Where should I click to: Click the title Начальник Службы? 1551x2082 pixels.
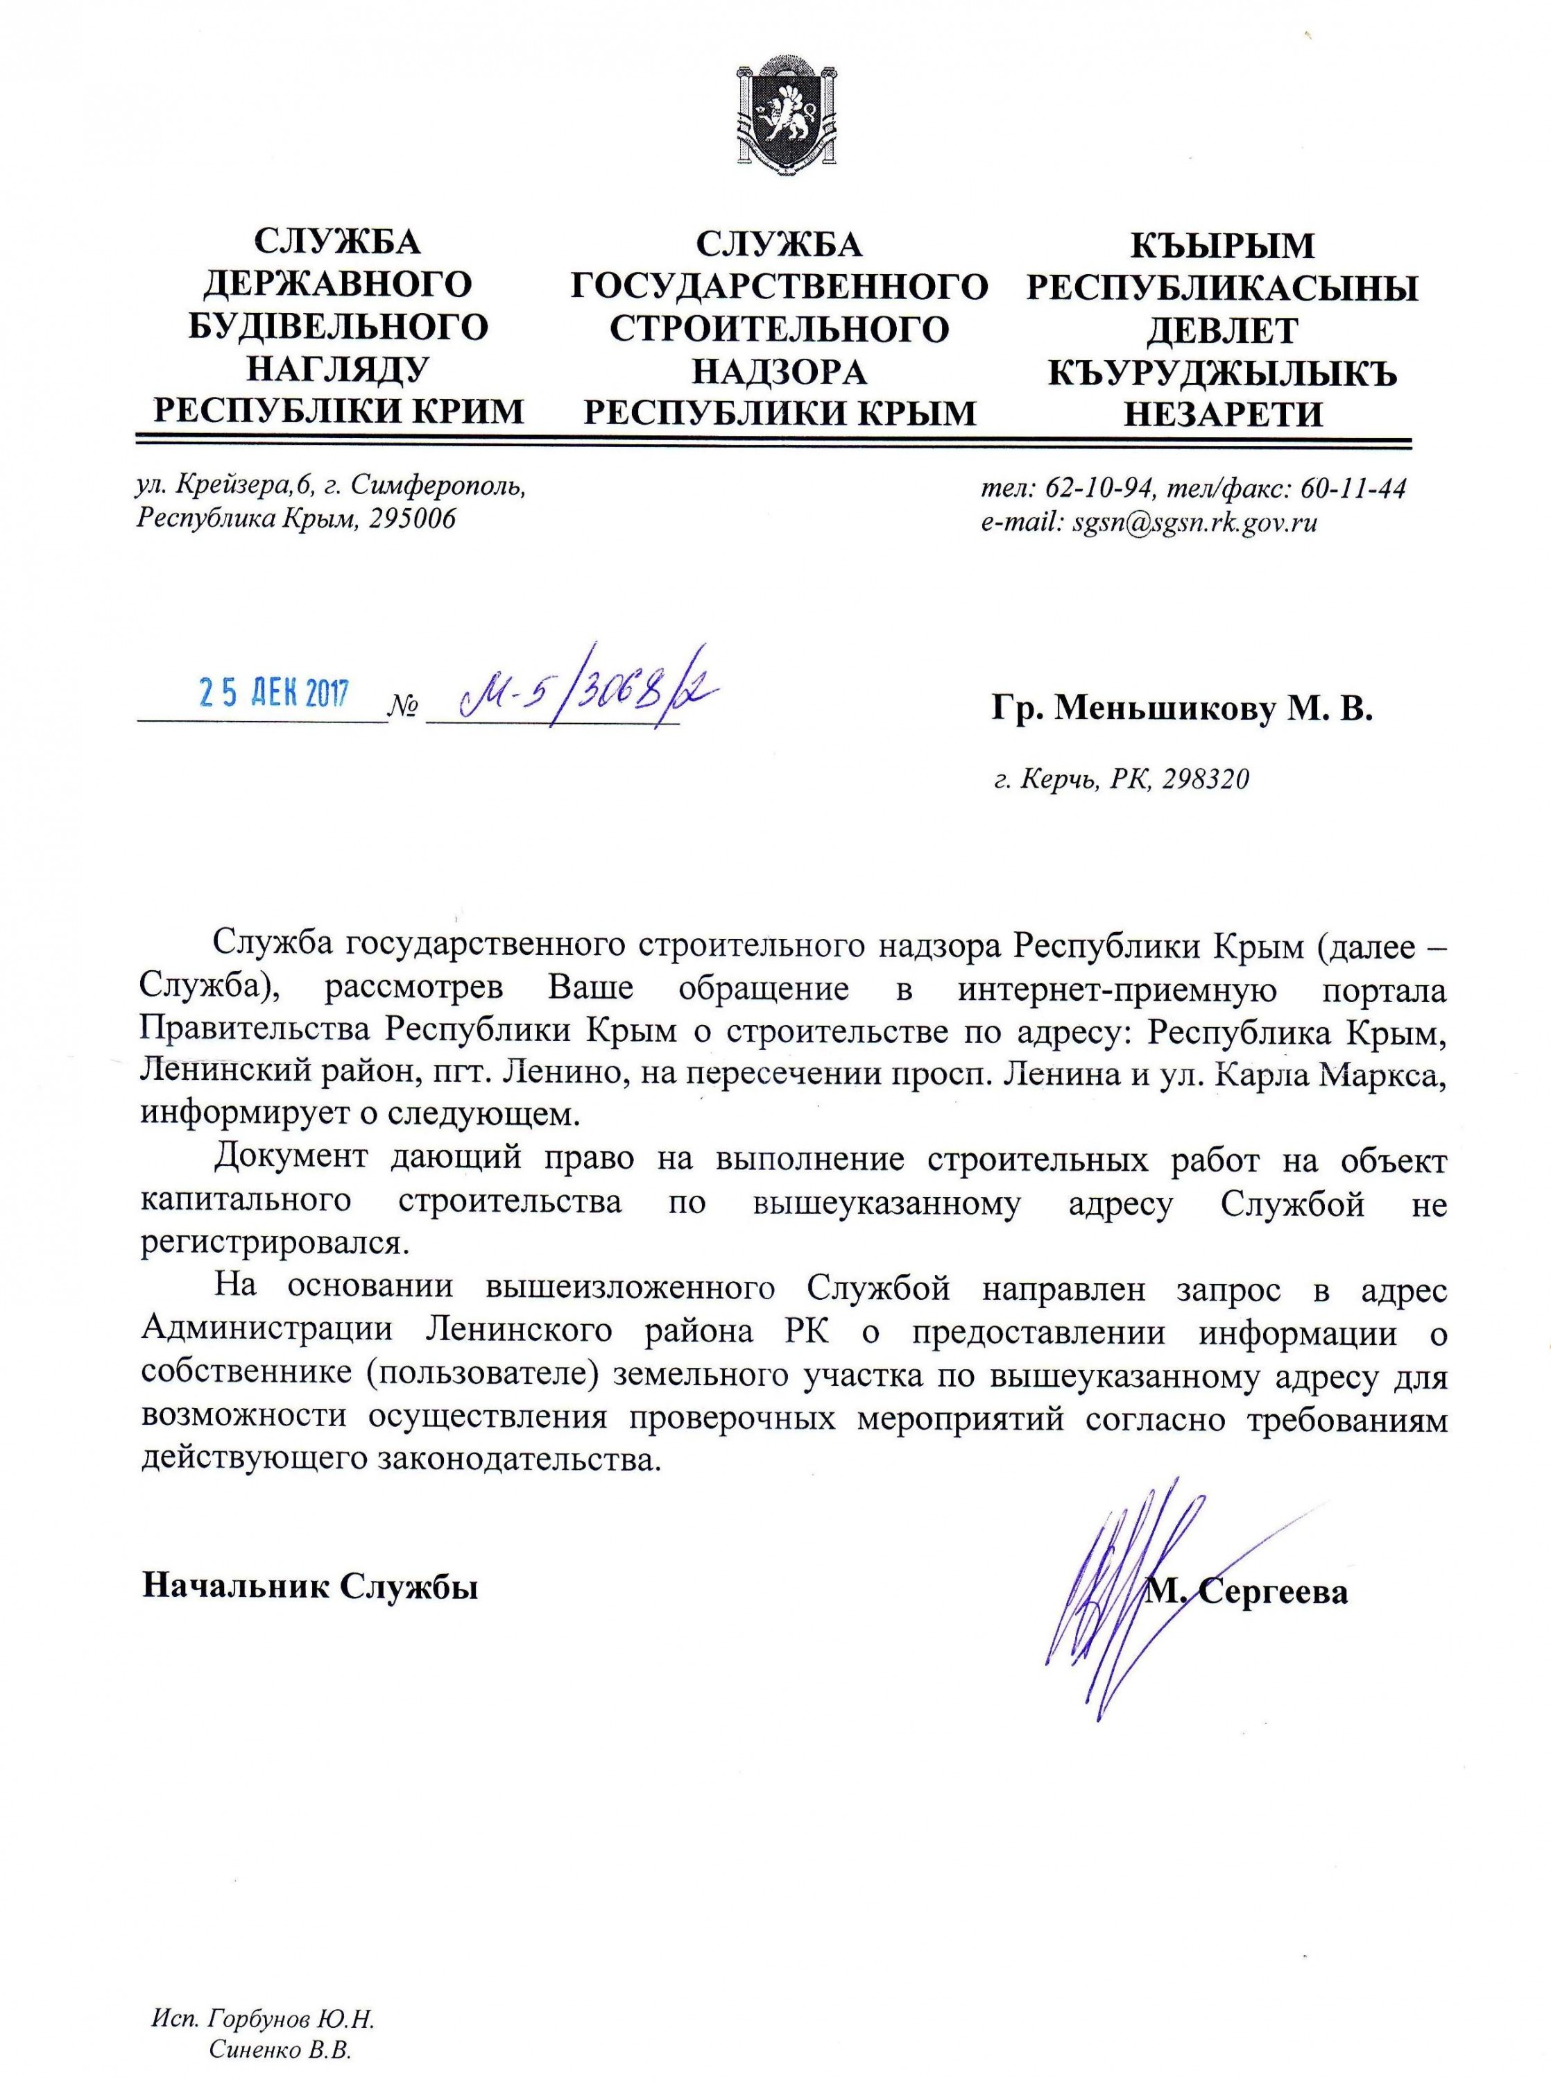pos(310,1587)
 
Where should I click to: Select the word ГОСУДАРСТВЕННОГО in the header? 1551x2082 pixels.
pos(779,287)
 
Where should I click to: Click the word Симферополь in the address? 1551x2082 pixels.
pos(443,486)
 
